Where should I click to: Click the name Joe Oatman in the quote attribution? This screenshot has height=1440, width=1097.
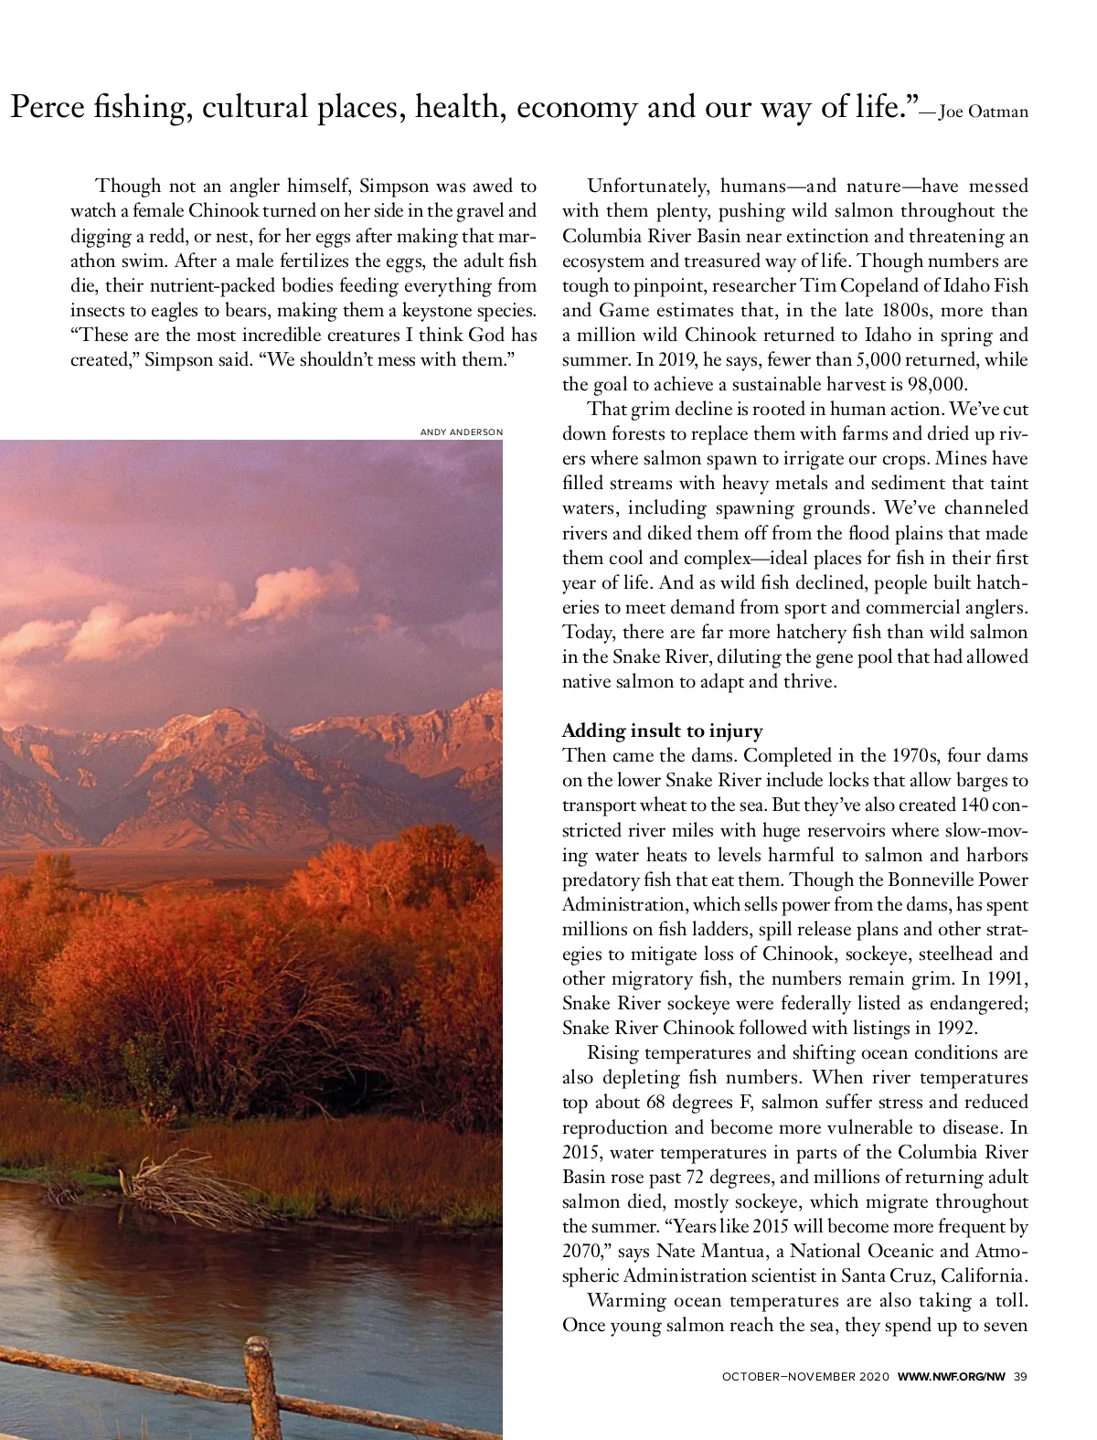coord(984,112)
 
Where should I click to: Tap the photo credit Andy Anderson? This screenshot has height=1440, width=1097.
coord(461,432)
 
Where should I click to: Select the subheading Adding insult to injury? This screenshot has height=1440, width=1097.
coord(662,731)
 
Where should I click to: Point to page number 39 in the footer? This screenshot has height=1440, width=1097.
coord(1020,1377)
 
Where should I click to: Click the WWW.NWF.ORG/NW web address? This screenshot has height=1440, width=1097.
coord(951,1377)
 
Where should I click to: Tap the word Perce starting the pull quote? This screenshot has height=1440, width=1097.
coord(46,108)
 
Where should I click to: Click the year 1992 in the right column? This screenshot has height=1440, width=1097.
coord(930,1028)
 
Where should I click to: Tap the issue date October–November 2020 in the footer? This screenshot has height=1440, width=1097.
coord(804,1377)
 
